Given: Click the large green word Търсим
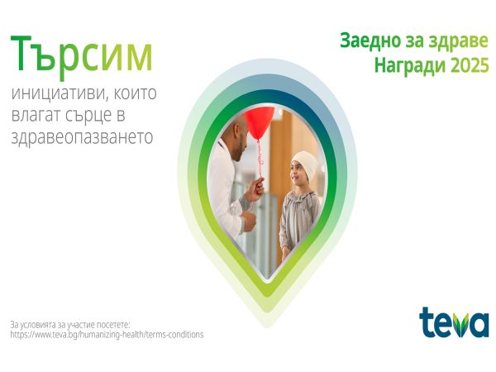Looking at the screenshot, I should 81,55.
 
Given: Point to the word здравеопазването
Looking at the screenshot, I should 81,136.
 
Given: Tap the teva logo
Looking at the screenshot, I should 454,322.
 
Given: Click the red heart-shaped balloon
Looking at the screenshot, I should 259,122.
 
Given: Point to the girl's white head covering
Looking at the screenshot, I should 305,161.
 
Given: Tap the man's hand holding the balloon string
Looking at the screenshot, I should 256,188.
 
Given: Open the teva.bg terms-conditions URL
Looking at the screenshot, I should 107,335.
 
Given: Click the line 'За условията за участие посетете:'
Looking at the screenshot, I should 70,324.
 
